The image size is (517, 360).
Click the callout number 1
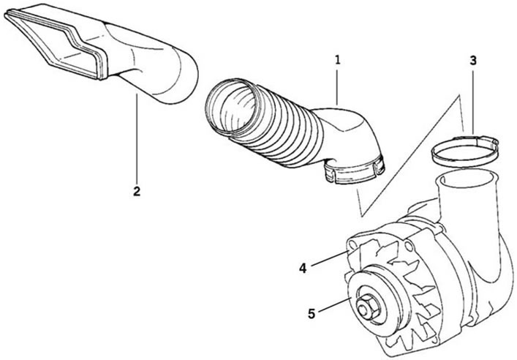pyautogui.click(x=337, y=60)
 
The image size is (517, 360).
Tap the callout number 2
pyautogui.click(x=137, y=191)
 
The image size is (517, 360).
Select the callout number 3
pyautogui.click(x=473, y=61)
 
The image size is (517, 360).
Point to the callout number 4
pyautogui.click(x=303, y=268)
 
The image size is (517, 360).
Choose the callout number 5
pyautogui.click(x=312, y=313)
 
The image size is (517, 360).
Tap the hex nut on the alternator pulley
pyautogui.click(x=367, y=307)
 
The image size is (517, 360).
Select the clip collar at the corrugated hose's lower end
pyautogui.click(x=355, y=172)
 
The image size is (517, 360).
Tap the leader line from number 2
pyautogui.click(x=137, y=138)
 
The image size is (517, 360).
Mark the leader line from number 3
pyautogui.click(x=473, y=100)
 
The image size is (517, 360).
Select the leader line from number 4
pyautogui.click(x=330, y=258)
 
